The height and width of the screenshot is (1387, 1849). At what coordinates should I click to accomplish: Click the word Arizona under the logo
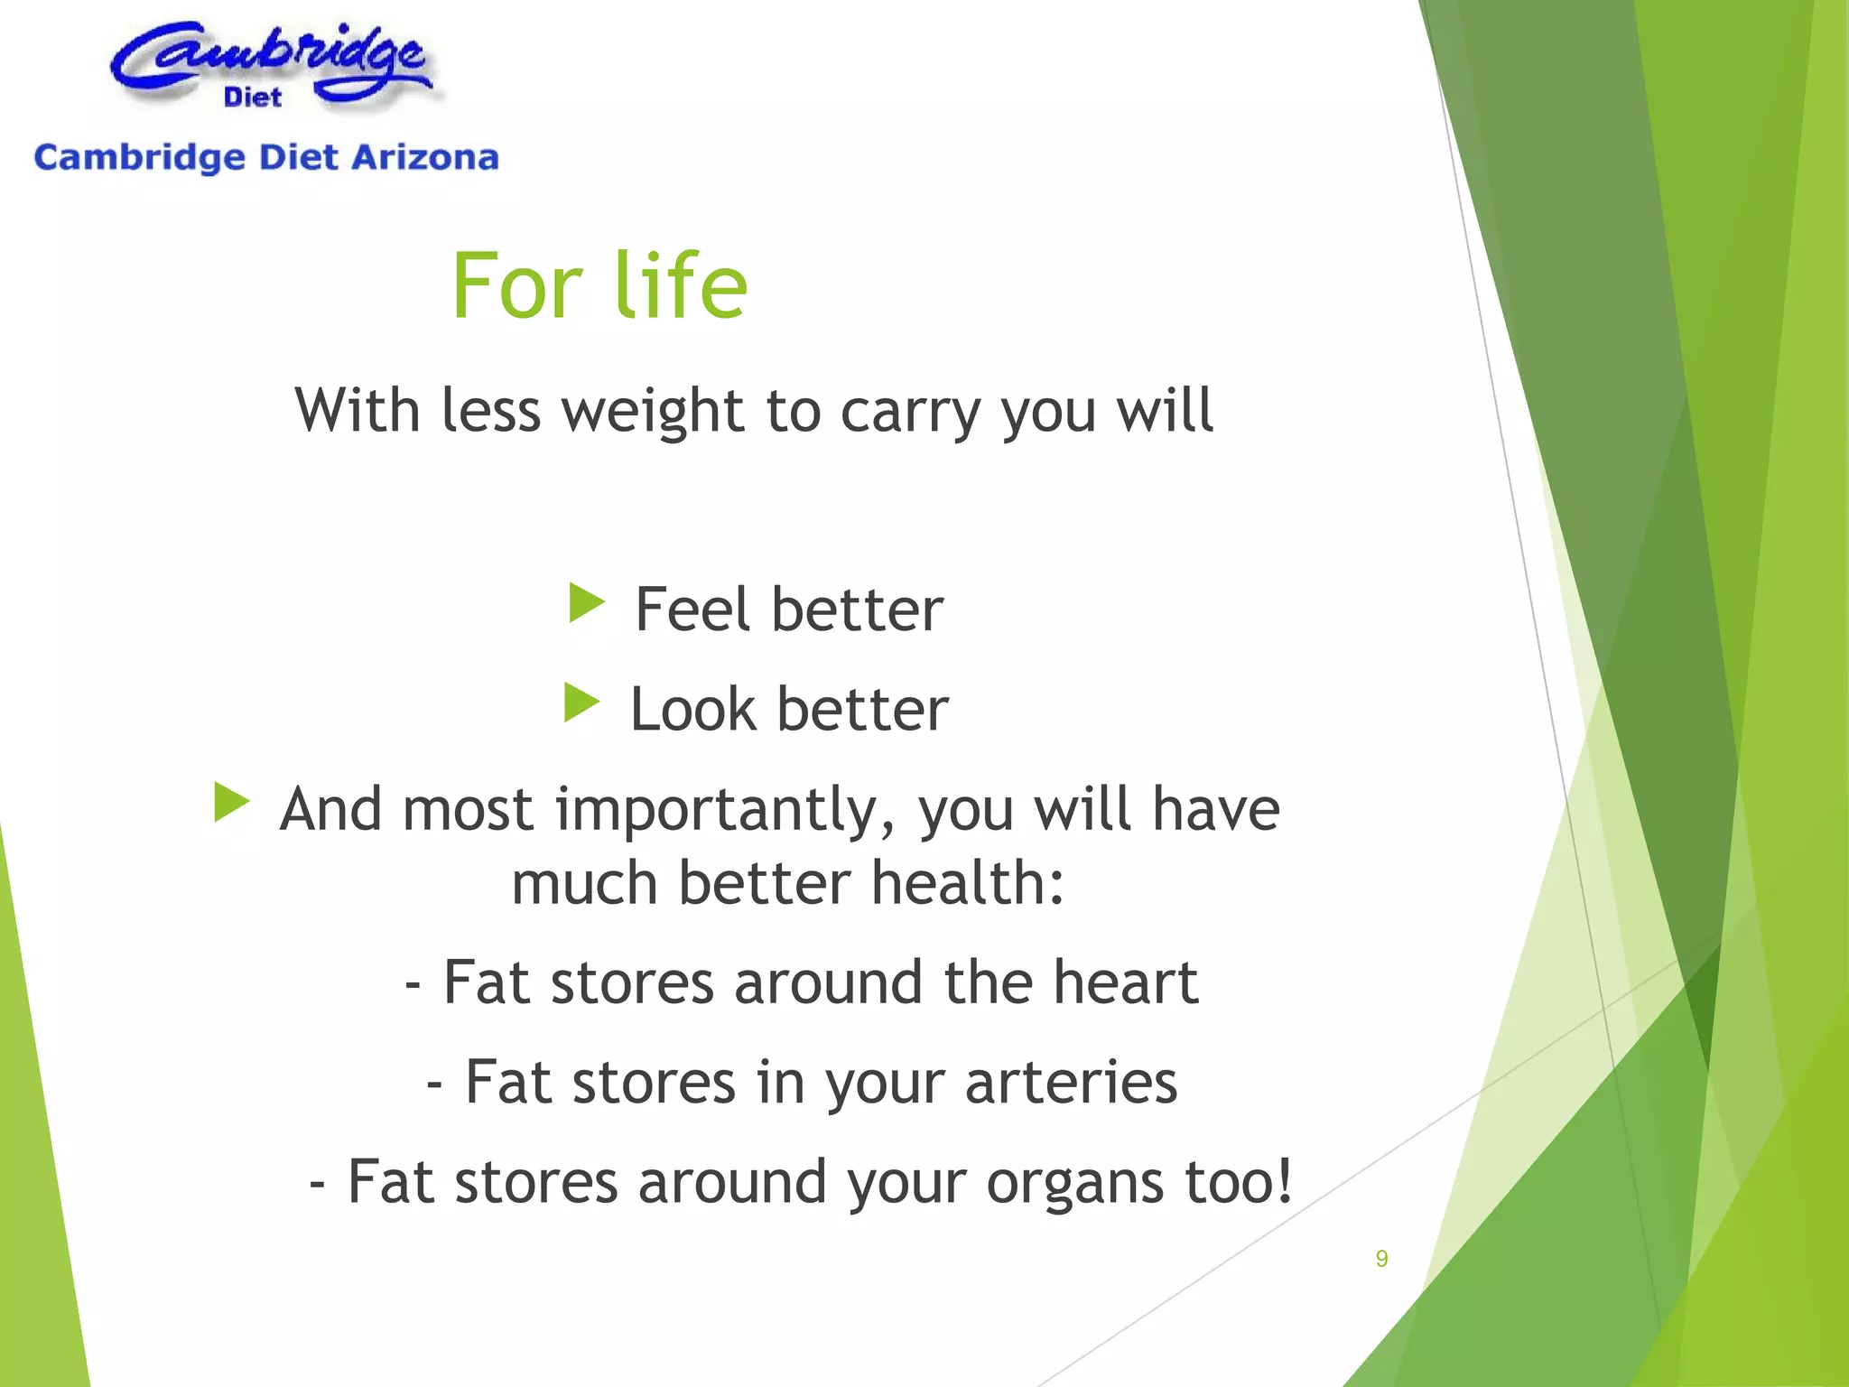click(424, 158)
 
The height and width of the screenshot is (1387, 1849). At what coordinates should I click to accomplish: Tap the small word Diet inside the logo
click(253, 97)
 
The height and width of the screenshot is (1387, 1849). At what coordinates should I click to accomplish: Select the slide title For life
click(599, 286)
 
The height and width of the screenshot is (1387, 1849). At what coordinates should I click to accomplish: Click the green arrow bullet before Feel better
click(587, 603)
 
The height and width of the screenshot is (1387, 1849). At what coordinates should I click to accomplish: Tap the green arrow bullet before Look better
click(581, 703)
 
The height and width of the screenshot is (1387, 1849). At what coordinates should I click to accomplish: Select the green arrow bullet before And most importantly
click(232, 802)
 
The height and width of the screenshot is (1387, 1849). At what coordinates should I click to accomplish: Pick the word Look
click(692, 709)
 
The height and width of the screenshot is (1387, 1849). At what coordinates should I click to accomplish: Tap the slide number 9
click(1381, 1258)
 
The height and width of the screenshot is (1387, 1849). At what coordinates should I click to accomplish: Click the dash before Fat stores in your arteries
click(434, 1082)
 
